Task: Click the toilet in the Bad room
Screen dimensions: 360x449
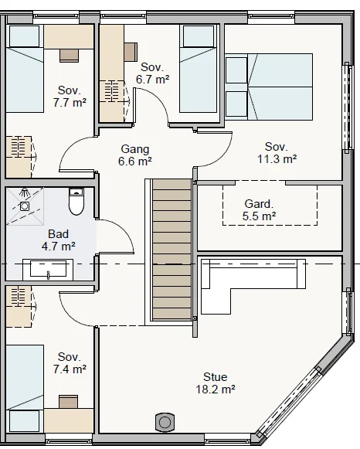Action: [76, 201]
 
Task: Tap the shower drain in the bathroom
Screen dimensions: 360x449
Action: [25, 206]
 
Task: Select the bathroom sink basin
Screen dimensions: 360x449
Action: [48, 269]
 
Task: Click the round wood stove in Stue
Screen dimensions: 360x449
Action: [165, 422]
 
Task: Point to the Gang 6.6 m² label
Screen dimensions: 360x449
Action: [135, 155]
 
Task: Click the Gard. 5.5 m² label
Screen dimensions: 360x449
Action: [259, 210]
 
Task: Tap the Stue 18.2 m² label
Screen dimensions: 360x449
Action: [216, 383]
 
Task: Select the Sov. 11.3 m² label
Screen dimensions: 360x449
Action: [277, 152]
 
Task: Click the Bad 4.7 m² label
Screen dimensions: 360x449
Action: [59, 240]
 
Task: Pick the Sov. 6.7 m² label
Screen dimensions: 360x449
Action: [152, 73]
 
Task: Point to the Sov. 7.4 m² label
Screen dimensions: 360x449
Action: [70, 362]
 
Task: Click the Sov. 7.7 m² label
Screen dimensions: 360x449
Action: [70, 96]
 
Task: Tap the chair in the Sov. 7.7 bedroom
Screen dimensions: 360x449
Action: [69, 56]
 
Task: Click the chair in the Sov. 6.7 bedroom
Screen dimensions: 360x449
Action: [131, 52]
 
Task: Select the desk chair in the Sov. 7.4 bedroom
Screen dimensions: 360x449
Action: [69, 402]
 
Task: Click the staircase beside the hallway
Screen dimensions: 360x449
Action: [172, 250]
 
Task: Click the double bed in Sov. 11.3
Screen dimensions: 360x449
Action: [269, 87]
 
